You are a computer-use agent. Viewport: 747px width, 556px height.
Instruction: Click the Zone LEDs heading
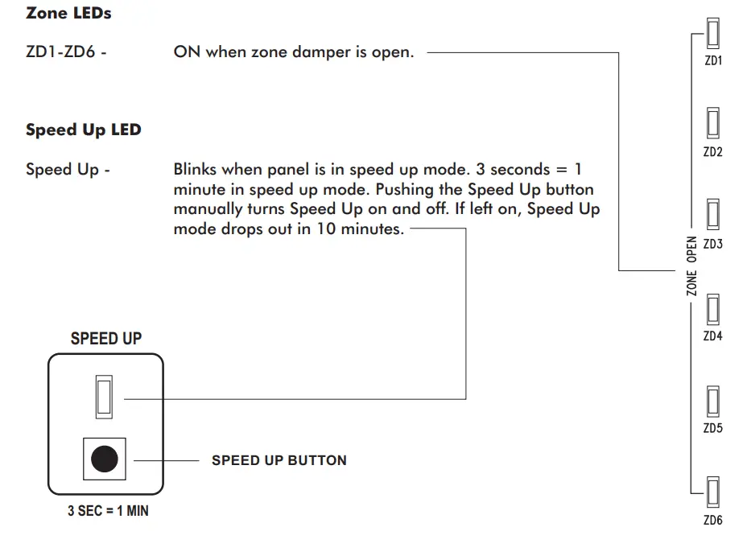(x=68, y=13)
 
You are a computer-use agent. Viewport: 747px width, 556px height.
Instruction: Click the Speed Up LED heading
(x=83, y=130)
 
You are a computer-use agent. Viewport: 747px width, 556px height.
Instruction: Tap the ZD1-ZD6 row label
(x=67, y=53)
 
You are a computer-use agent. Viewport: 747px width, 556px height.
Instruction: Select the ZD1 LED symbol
(x=712, y=34)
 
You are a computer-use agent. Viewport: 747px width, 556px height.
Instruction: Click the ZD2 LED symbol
(x=712, y=125)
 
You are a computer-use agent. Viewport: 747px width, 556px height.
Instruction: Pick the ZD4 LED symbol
(x=712, y=309)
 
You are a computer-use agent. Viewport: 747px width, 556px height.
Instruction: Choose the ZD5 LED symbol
(x=712, y=401)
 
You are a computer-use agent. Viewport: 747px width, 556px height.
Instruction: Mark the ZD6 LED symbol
(x=712, y=492)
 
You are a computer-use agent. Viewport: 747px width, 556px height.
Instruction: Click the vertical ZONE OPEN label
(x=691, y=266)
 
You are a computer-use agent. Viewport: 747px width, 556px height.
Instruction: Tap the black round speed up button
(x=104, y=459)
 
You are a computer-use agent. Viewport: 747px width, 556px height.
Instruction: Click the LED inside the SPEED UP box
(x=104, y=397)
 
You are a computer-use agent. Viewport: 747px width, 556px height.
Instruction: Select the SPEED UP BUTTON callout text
(x=279, y=460)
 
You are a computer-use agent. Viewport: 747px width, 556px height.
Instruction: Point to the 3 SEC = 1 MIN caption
(x=108, y=511)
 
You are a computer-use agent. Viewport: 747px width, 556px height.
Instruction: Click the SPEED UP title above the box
(x=106, y=338)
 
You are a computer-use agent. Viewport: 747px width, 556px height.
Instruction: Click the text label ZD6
(x=712, y=521)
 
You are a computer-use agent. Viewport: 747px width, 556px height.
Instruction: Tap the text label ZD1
(x=712, y=61)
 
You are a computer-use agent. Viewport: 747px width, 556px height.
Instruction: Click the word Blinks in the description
(x=196, y=170)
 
